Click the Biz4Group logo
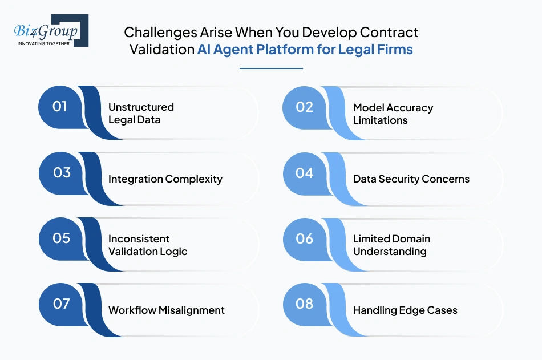[51, 30]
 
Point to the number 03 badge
[62, 173]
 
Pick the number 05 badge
[62, 238]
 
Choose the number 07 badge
[62, 304]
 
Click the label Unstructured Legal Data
[141, 114]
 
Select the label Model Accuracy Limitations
[393, 114]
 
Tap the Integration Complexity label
[165, 179]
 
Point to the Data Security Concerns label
[411, 179]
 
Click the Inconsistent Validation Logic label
[148, 245]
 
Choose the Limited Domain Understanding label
[391, 245]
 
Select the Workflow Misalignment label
[166, 310]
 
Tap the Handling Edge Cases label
[405, 310]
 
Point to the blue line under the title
[272, 68]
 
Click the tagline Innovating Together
[43, 43]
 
